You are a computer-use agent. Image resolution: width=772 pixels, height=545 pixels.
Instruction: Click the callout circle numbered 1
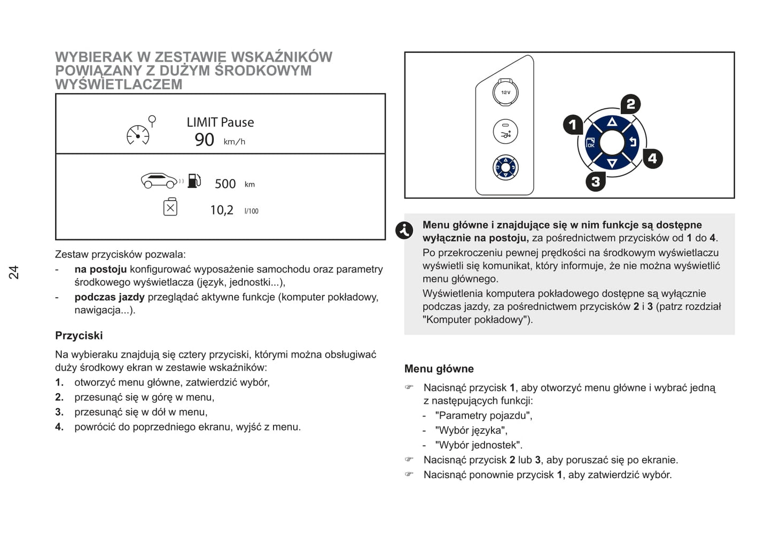(573, 125)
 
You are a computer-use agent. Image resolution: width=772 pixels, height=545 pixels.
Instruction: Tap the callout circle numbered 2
(630, 104)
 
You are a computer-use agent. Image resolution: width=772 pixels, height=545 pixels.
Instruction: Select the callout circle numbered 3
(595, 182)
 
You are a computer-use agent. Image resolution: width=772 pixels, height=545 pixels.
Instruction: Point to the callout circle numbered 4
(652, 159)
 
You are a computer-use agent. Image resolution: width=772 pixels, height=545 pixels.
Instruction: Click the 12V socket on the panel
(505, 93)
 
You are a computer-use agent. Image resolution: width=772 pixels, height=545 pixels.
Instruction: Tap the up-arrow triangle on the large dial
(612, 122)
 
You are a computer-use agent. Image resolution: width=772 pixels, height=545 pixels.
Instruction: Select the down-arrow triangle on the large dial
(612, 163)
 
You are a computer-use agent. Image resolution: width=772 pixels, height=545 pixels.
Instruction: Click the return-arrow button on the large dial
(633, 142)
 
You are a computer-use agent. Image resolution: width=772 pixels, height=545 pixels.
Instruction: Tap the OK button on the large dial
(591, 143)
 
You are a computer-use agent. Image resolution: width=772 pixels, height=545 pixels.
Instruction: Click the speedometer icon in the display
(138, 135)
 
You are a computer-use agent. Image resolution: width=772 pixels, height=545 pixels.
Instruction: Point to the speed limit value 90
(204, 140)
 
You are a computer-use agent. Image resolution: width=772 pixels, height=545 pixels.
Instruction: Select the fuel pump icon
(194, 181)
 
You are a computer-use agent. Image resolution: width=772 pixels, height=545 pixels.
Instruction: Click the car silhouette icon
(159, 181)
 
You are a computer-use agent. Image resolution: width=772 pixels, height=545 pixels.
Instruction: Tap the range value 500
(225, 184)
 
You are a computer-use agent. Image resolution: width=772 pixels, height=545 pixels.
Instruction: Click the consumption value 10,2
(222, 210)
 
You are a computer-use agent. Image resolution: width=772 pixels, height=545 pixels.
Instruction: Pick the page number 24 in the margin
(14, 272)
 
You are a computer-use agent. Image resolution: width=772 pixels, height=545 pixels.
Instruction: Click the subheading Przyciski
(79, 336)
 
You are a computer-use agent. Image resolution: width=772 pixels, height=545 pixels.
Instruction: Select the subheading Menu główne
(439, 369)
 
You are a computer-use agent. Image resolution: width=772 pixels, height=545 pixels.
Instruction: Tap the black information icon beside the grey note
(404, 230)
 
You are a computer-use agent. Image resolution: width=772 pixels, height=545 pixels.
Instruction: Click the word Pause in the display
(237, 122)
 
